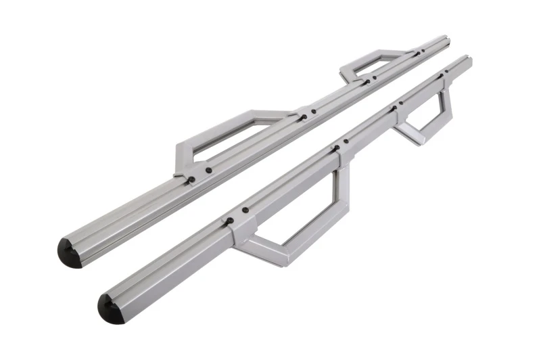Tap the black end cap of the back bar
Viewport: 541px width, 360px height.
click(x=69, y=252)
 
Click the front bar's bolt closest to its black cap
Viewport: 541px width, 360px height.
click(x=230, y=221)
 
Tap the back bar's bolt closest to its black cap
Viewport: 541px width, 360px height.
click(x=191, y=179)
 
